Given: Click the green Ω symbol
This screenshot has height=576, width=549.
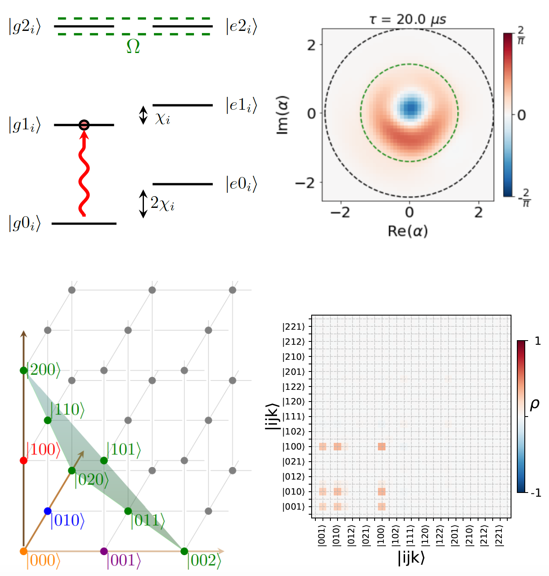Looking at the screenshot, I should (x=133, y=46).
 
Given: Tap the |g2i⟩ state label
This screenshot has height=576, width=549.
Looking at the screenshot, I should (x=25, y=27).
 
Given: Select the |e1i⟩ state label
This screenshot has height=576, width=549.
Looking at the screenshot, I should (x=241, y=105).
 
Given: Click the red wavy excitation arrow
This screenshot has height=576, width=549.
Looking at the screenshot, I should (x=84, y=175).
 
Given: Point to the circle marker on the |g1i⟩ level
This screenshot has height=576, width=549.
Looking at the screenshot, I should (x=84, y=125).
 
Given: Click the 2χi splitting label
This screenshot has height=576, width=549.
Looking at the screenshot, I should (x=162, y=204).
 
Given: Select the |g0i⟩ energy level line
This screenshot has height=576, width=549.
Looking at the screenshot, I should (x=84, y=224).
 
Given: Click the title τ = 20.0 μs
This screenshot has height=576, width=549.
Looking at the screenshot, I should (x=408, y=19).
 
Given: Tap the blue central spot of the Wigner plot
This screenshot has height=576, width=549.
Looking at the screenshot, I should (x=411, y=108).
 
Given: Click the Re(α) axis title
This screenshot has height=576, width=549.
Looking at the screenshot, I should (x=408, y=231).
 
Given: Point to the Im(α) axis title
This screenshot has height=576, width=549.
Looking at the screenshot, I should (x=282, y=115).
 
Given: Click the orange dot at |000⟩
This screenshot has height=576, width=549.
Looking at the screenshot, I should (x=24, y=551).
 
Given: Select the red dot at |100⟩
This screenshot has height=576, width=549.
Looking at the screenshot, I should (x=24, y=460).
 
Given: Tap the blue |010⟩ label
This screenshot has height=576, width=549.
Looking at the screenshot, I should (x=67, y=520).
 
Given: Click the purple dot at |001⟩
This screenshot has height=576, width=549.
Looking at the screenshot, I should (x=104, y=551).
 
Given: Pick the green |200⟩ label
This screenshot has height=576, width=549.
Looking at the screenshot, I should (x=43, y=370).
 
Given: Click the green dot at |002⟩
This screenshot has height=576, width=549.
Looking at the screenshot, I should (x=184, y=551).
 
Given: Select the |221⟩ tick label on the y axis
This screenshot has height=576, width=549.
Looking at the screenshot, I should (x=294, y=327).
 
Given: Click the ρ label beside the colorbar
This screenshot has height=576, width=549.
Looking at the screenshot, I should (x=534, y=404).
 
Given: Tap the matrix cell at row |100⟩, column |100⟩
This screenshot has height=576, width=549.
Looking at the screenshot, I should (x=381, y=447).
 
